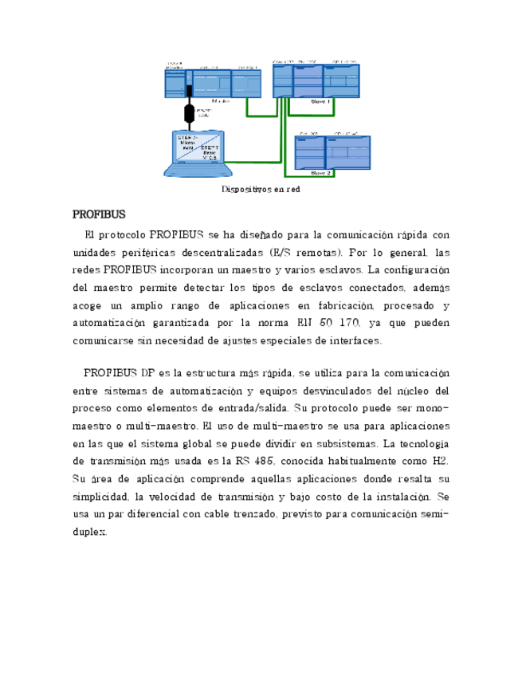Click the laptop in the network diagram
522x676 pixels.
(198, 153)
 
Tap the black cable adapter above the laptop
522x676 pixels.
(190, 112)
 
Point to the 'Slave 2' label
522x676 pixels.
(320, 172)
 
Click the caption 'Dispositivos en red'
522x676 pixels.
(261, 191)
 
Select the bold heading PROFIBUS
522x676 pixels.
(100, 214)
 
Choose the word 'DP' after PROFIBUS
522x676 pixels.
(147, 373)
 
